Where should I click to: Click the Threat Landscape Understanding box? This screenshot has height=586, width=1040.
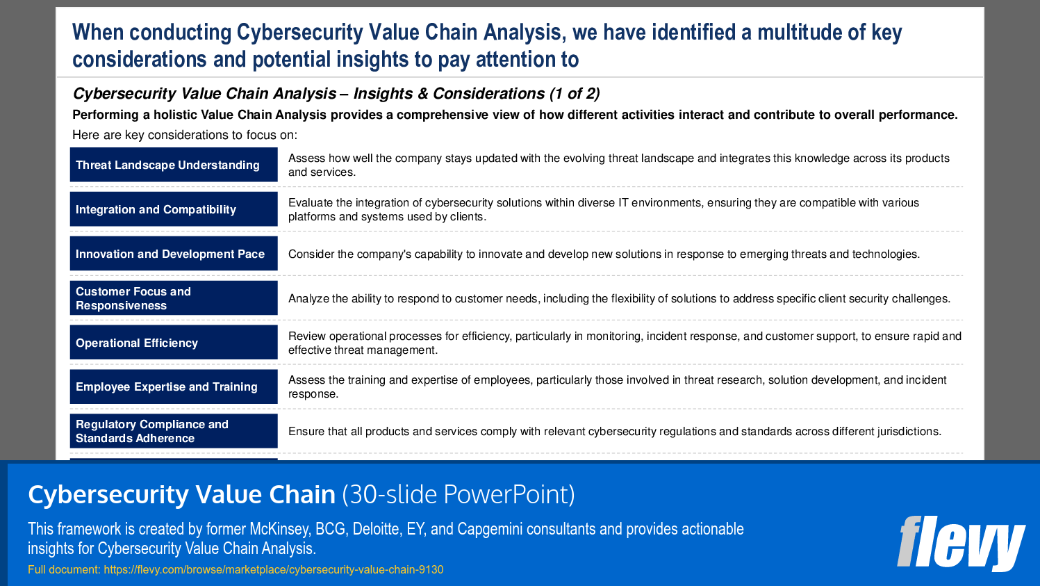[174, 165]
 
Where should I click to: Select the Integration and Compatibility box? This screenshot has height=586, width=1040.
[174, 209]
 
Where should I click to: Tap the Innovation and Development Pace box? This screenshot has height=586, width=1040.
[174, 254]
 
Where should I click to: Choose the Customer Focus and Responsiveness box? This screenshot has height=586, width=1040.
[174, 298]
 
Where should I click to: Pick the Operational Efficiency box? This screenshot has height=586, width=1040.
[174, 343]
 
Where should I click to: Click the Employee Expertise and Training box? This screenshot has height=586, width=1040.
[174, 386]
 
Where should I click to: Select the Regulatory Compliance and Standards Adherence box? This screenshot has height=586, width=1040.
[174, 431]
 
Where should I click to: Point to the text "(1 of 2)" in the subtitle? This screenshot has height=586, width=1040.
[575, 94]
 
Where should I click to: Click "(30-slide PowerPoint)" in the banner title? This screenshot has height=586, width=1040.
[459, 495]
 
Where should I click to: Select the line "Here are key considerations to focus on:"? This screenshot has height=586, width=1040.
[185, 135]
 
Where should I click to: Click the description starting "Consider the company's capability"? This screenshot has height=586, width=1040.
[604, 254]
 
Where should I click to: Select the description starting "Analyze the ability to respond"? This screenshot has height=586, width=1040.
[619, 299]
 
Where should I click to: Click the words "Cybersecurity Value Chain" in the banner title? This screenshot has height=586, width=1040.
[182, 495]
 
